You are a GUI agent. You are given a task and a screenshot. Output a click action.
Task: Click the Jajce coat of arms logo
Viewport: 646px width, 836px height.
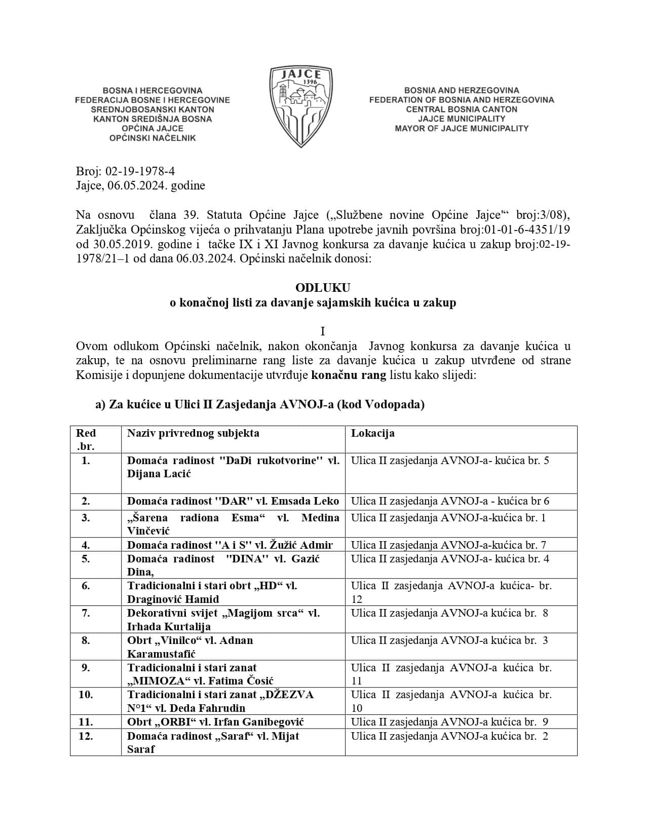pyautogui.click(x=301, y=106)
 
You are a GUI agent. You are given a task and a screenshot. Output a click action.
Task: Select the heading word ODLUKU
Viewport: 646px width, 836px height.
pyautogui.click(x=323, y=288)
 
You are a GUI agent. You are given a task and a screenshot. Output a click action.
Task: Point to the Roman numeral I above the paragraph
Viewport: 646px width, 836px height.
pyautogui.click(x=323, y=332)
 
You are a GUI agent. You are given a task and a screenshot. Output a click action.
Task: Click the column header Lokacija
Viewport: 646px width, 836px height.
pyautogui.click(x=372, y=433)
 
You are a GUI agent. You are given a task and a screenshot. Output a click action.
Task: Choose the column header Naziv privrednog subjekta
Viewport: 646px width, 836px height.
pyautogui.click(x=193, y=433)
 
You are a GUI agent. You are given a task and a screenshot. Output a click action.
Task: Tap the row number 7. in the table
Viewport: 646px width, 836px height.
pyautogui.click(x=86, y=613)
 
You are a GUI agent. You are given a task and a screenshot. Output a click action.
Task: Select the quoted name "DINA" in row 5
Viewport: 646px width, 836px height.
pyautogui.click(x=247, y=559)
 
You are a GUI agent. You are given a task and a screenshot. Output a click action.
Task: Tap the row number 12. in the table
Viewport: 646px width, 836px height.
pyautogui.click(x=86, y=736)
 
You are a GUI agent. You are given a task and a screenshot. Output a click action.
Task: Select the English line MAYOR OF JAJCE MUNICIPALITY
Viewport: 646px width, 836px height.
pyautogui.click(x=462, y=129)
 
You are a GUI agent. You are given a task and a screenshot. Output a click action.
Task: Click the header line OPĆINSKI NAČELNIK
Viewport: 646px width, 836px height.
pyautogui.click(x=153, y=138)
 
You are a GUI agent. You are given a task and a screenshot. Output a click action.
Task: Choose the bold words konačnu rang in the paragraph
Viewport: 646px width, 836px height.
pyautogui.click(x=349, y=376)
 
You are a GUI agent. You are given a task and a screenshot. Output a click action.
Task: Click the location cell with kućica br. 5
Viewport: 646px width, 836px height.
pyautogui.click(x=450, y=461)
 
